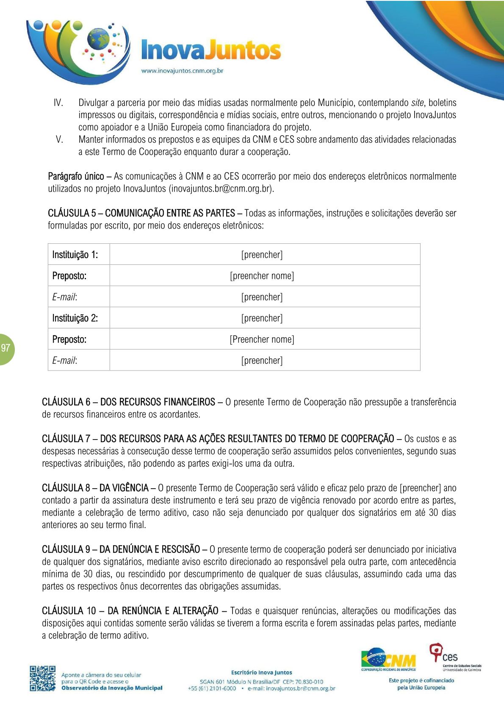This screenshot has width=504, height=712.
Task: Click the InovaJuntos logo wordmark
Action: pos(210,51)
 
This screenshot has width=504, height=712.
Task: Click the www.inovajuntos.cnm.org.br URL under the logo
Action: pos(182,71)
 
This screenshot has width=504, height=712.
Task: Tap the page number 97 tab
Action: pos(6,348)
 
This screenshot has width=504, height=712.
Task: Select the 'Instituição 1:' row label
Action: pos(75,255)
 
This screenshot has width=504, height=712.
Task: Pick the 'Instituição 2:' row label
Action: pos(75,318)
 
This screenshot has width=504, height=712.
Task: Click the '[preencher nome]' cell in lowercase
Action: pos(262,276)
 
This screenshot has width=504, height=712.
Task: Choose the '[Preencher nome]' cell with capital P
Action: pos(262,339)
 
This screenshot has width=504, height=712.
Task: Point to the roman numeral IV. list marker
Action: pos(58,103)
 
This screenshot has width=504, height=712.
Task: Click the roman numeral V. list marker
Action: pos(60,140)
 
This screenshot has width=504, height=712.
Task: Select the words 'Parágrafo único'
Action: pos(76,176)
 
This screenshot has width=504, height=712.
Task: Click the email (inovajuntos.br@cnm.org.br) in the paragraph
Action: pos(221,189)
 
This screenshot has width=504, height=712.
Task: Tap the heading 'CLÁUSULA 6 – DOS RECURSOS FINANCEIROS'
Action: pos(128,402)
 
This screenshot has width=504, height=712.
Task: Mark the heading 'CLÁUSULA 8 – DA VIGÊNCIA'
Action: pos(95,488)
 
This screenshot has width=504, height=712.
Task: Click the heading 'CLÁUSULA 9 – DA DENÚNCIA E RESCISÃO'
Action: pos(121,550)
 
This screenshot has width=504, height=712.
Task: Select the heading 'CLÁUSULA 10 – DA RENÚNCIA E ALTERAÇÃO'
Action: pos(130,611)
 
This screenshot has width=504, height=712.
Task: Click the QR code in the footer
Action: pos(42,678)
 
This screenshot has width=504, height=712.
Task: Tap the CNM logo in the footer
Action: pos(388,660)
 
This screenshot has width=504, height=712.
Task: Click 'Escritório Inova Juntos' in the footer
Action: pos(261,672)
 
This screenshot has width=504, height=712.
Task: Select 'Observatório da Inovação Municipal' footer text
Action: pos(112,688)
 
